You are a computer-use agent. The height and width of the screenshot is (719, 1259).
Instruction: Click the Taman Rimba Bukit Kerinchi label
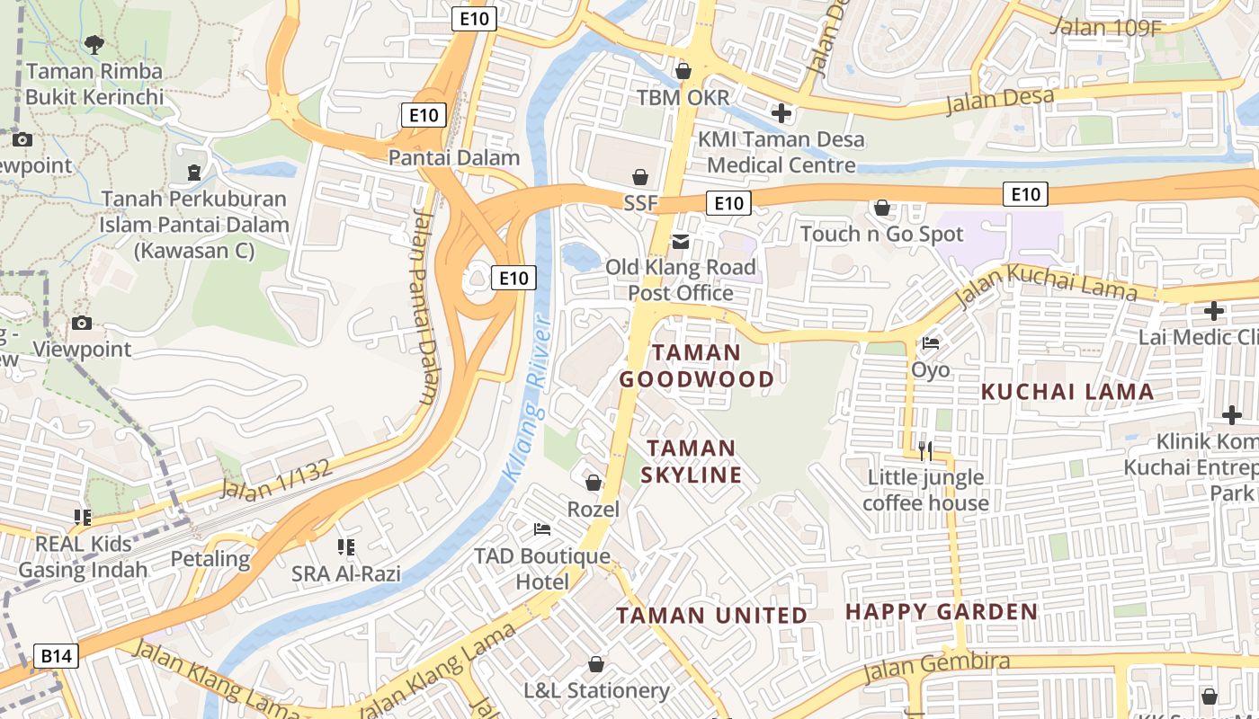click(94, 84)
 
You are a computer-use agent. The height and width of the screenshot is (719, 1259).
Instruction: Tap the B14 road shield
click(56, 656)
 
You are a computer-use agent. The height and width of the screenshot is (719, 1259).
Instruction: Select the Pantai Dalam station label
click(454, 157)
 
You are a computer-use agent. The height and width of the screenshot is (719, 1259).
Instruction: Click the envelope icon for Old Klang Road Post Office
click(681, 241)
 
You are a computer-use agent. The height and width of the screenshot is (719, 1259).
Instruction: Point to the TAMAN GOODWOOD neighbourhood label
click(696, 366)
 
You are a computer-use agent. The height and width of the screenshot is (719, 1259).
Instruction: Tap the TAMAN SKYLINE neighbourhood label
click(692, 461)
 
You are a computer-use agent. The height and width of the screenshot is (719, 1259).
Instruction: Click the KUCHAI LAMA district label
click(1067, 392)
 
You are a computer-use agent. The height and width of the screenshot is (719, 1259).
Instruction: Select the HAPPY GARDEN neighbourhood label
click(942, 612)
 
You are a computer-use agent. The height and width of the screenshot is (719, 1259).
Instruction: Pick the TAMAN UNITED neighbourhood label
click(711, 616)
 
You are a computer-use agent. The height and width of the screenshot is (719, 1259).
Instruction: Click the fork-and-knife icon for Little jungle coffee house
click(924, 450)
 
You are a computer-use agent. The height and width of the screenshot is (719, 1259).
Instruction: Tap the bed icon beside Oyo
click(930, 342)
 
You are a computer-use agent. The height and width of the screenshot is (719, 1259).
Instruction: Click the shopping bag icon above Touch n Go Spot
click(882, 208)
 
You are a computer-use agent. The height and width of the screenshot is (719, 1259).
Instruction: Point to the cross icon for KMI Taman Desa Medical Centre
click(781, 113)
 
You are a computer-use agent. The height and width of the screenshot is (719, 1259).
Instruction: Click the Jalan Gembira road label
click(935, 666)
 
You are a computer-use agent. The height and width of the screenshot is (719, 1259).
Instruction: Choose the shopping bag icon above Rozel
click(593, 483)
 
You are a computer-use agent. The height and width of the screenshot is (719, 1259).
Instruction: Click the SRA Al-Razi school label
click(346, 573)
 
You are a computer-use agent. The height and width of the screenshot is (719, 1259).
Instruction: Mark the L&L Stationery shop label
click(596, 690)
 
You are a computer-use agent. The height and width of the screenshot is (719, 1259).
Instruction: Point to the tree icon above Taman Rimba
click(94, 43)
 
